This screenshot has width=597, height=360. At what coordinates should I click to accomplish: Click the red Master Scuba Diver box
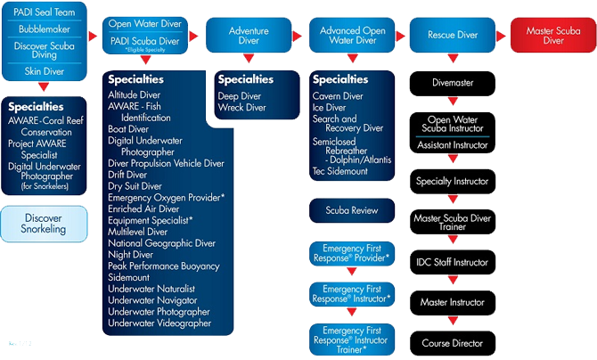(553, 35)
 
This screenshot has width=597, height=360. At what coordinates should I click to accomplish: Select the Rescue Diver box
(453, 35)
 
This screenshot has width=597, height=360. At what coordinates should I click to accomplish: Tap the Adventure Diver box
(249, 35)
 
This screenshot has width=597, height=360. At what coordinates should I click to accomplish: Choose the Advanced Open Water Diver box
(352, 35)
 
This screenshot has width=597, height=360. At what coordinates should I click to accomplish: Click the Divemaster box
(453, 83)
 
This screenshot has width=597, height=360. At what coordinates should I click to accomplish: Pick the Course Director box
(453, 343)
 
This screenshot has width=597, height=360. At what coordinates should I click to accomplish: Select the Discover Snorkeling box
(44, 224)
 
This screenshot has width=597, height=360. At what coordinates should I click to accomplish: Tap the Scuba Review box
(352, 210)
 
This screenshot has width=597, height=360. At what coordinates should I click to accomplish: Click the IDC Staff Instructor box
(453, 262)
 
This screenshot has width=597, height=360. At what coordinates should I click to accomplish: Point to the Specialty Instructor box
(453, 181)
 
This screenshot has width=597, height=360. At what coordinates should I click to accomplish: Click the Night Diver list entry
(131, 255)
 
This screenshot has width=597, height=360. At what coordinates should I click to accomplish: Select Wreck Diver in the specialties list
(242, 108)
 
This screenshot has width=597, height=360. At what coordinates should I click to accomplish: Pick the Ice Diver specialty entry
(330, 108)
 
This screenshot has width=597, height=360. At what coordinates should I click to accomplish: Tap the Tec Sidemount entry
(340, 171)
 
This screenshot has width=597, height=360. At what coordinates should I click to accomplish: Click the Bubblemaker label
(45, 29)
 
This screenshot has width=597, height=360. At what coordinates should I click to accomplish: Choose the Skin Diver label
(45, 71)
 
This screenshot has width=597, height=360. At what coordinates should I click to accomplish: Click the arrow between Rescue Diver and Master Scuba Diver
(501, 37)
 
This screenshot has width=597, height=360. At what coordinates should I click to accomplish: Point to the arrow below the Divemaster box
(453, 101)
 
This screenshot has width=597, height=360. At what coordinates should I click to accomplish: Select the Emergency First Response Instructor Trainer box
(352, 340)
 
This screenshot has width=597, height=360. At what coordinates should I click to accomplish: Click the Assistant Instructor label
(453, 145)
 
